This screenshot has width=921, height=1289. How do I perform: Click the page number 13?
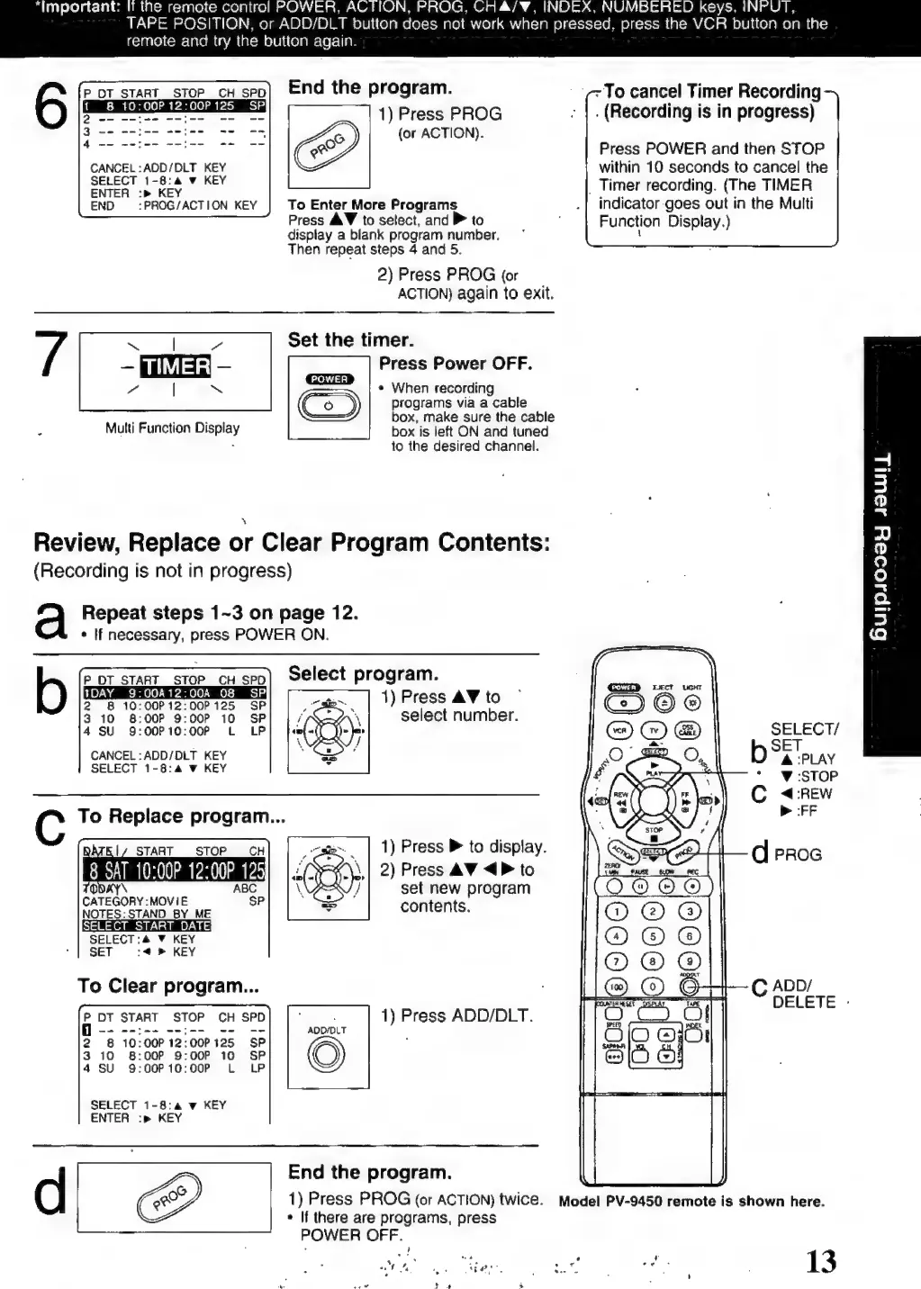click(x=820, y=1261)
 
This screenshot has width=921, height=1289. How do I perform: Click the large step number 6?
click(x=50, y=106)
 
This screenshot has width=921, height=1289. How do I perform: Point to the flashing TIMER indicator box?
click(x=175, y=367)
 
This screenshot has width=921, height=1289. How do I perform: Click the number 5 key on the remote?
click(x=653, y=937)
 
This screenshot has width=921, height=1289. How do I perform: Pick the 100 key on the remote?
click(x=617, y=987)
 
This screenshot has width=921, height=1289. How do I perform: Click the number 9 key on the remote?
click(x=690, y=961)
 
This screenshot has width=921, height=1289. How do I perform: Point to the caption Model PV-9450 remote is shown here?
click(x=691, y=1202)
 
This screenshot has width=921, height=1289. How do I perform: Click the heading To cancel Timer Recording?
click(x=711, y=101)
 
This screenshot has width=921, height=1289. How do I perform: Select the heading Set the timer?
click(x=351, y=340)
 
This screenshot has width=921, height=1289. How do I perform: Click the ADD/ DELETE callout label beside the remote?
click(x=803, y=994)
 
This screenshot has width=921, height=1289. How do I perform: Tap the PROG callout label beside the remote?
click(x=798, y=854)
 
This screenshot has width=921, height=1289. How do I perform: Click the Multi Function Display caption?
click(x=173, y=428)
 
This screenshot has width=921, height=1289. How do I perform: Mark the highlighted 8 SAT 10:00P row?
click(x=175, y=870)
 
